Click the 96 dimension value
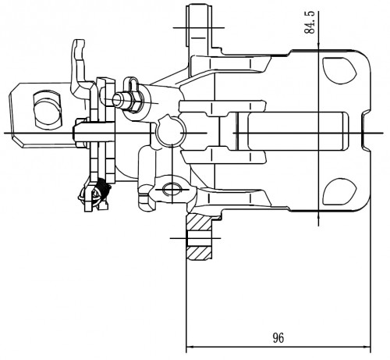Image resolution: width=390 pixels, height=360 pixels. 278,338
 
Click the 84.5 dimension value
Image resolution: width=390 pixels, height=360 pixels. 310,23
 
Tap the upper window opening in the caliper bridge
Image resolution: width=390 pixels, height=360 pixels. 339,70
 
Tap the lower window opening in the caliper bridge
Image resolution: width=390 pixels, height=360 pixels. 339,192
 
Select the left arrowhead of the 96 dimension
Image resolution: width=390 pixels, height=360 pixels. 190,347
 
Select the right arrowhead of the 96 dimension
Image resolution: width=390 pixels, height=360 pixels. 367,347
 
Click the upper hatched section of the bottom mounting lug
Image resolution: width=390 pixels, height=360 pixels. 199,223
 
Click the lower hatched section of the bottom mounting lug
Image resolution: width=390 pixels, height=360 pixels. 199,252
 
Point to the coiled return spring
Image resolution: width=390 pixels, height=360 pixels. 102,188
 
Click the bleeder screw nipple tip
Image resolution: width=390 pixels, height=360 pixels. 117,100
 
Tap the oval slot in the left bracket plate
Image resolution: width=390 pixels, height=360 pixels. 47,109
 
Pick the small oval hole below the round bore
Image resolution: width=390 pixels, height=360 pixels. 172,189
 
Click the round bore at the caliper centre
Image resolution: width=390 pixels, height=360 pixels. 171,131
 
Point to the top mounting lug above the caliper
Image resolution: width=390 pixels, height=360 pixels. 198,26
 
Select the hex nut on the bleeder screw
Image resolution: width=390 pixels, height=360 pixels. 135,102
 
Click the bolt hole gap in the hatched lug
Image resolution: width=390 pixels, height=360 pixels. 199,238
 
